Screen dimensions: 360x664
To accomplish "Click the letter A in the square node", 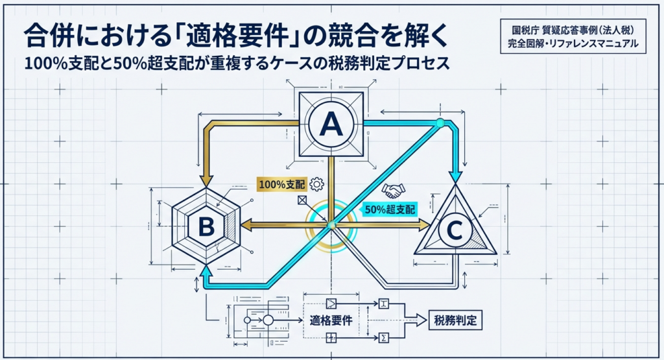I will [331, 123].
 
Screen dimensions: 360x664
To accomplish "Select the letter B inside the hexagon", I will [206, 226].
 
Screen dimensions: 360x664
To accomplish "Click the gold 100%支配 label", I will [281, 184].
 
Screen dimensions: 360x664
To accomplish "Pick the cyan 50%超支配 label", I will [389, 209].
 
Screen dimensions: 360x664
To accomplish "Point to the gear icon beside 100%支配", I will [317, 184].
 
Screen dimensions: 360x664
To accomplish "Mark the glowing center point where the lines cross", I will [331, 224].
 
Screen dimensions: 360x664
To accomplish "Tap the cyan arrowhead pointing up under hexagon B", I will [206, 270].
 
